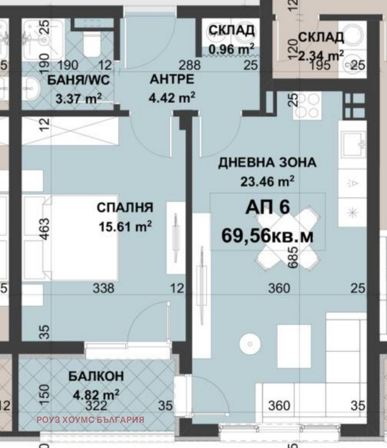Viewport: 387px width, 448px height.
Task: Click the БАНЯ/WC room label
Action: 78,80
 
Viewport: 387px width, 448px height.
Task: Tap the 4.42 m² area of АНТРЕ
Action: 172,98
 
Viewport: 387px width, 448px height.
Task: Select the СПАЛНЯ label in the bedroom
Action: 125,207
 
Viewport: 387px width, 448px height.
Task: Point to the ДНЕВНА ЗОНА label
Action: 267,163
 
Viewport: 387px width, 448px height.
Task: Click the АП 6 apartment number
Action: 267,207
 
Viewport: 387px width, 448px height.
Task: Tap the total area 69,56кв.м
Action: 267,236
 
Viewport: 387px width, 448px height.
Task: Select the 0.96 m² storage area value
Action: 232,49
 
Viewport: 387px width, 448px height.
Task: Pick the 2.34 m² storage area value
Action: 321,55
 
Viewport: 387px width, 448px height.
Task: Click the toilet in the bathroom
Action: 92,43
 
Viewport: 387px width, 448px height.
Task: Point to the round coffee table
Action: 250,344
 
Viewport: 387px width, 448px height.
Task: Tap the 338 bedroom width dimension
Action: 103,288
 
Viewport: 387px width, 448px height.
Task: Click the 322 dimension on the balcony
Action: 96,405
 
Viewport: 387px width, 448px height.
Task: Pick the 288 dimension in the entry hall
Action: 190,65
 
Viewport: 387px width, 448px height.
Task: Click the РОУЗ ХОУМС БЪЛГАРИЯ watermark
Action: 90,420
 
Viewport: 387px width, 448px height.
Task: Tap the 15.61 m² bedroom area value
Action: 125,226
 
